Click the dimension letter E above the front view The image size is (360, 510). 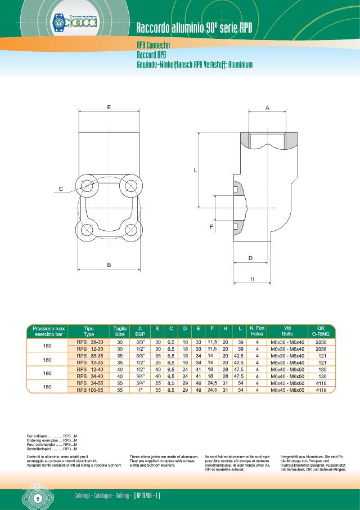(x=108, y=106)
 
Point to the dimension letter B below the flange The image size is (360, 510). (x=108, y=264)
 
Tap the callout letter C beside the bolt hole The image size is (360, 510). (x=61, y=190)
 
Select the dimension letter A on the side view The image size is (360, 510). (x=267, y=106)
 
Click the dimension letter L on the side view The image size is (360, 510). (x=195, y=169)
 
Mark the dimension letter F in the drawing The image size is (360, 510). (x=211, y=226)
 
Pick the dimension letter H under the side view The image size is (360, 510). (x=252, y=279)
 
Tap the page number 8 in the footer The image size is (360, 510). (x=37, y=499)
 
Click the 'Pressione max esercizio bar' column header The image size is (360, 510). (x=48, y=331)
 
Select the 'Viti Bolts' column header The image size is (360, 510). (x=287, y=331)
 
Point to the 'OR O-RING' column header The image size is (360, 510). (x=321, y=331)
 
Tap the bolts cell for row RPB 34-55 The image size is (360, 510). (x=287, y=383)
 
